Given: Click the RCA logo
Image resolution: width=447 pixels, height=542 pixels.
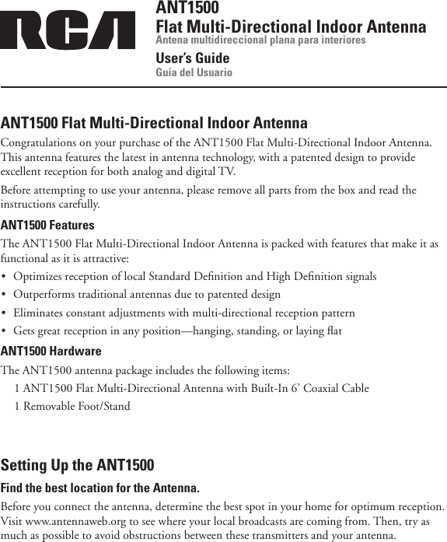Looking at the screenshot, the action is click(x=68, y=30).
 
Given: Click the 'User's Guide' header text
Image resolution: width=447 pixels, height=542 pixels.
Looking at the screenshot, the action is click(x=193, y=58).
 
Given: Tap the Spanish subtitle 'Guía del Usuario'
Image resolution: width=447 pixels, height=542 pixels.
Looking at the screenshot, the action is click(x=194, y=73).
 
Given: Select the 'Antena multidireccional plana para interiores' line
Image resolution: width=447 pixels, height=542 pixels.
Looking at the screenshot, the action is click(x=261, y=40).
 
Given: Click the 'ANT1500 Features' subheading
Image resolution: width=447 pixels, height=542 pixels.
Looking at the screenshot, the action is click(x=48, y=226).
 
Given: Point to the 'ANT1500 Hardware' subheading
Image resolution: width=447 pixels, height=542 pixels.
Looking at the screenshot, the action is click(x=51, y=351).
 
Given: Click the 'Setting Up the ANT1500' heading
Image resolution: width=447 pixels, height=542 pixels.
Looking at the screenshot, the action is click(x=78, y=466).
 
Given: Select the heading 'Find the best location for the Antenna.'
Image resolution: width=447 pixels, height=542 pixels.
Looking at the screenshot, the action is click(x=100, y=488).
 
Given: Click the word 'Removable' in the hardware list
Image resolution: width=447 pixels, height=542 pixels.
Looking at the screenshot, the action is click(x=51, y=406).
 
